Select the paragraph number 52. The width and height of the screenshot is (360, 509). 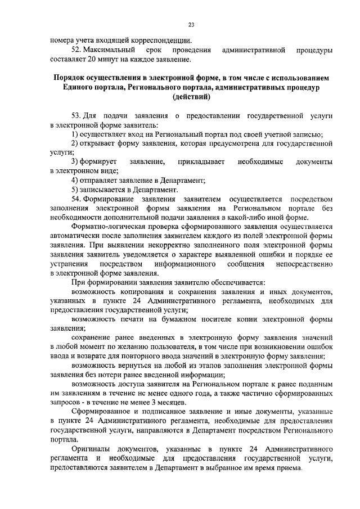78,50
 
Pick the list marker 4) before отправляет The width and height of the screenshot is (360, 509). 75,180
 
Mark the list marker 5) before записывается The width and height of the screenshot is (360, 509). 75,190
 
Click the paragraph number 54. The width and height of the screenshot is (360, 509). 78,199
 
